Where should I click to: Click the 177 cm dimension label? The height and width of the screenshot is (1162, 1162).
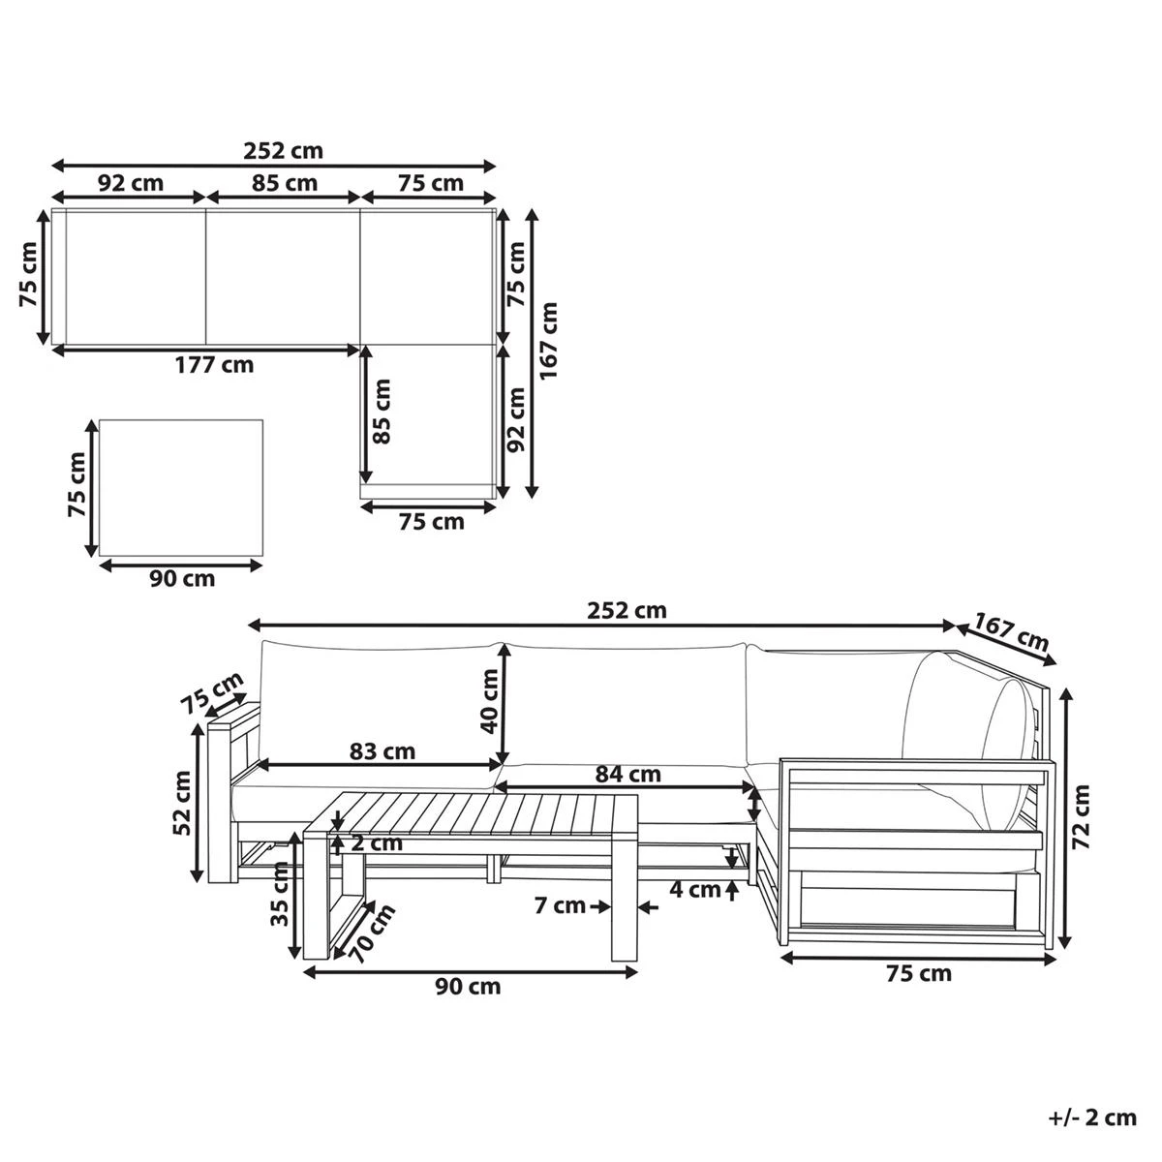pyautogui.click(x=215, y=365)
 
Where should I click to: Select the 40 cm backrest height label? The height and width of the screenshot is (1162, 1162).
pyautogui.click(x=490, y=701)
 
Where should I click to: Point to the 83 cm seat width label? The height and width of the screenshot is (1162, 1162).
pyautogui.click(x=382, y=751)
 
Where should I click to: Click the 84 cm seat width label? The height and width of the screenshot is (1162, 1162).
pyautogui.click(x=627, y=774)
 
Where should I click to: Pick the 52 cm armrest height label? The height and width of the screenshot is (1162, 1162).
pyautogui.click(x=182, y=803)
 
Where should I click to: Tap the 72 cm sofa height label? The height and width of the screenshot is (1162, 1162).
pyautogui.click(x=1082, y=817)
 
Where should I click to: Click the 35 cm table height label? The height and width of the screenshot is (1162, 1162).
pyautogui.click(x=281, y=894)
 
